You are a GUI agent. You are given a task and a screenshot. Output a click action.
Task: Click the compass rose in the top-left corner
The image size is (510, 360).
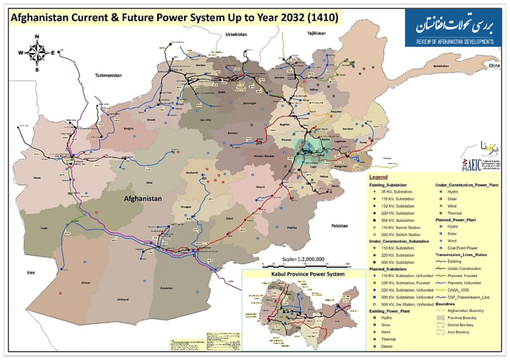click(x=37, y=53)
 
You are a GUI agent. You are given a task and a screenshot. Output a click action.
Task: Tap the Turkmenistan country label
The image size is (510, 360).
click(x=109, y=76)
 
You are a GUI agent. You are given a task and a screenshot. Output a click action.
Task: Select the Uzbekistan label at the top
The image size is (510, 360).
click(x=236, y=35)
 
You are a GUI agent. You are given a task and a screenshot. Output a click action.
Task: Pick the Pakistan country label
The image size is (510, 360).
click(x=339, y=226)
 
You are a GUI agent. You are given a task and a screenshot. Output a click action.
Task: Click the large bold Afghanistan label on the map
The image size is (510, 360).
click(x=144, y=198)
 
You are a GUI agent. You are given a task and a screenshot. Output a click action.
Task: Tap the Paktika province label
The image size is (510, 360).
click(x=292, y=228)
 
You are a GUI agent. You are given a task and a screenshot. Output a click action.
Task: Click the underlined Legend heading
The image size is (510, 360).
click(x=378, y=178)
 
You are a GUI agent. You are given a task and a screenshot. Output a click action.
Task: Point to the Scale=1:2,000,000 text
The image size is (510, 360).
click(x=302, y=259)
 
